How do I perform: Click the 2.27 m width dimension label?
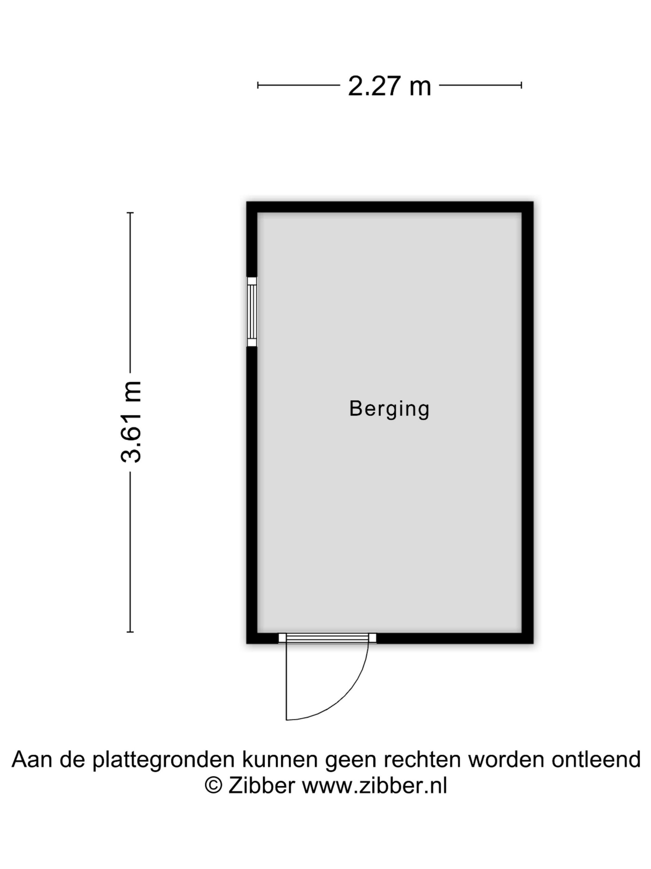389,86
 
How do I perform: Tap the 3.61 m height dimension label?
131,421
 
